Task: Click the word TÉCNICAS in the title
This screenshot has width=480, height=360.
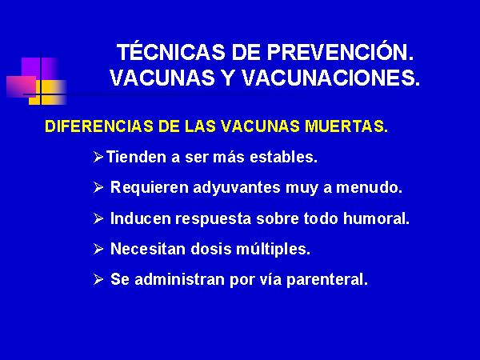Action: coord(170,52)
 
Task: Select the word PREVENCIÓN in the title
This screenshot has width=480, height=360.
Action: coord(340,52)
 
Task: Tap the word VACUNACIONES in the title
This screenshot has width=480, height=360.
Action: coord(330,78)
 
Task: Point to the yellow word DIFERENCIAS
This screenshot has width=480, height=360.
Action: coord(99,126)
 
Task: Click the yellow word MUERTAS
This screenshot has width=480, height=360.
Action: coord(346,126)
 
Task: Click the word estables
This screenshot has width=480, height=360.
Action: coord(283,157)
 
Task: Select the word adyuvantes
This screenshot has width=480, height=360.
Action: coord(237,188)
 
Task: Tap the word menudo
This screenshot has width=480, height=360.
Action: coord(369,187)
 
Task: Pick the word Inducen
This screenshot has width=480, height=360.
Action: coord(140,218)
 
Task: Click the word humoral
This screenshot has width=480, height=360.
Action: coord(376,218)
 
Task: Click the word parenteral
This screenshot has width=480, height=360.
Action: coord(327,280)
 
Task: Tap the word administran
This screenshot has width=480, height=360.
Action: coord(180,279)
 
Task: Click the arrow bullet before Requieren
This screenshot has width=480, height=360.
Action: coord(98,187)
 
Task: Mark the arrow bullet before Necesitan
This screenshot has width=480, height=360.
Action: coord(98,249)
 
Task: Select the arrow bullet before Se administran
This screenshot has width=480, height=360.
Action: coord(98,279)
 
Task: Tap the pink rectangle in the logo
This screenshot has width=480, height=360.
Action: coord(22,87)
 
